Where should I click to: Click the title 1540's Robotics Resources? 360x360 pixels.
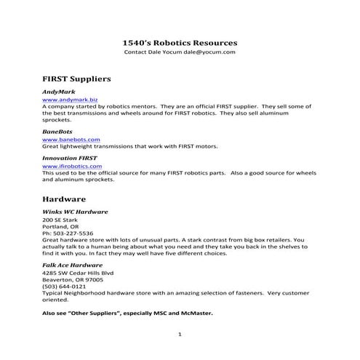click(179, 43)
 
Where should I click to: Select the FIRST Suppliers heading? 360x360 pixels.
click(76, 76)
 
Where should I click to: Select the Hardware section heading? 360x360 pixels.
click(64, 198)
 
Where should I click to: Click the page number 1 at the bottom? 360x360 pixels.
click(180, 334)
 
